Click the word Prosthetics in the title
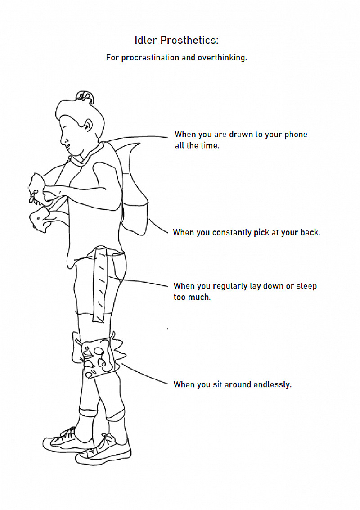pos(189,41)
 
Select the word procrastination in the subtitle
pos(150,58)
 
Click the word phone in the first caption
pos(296,135)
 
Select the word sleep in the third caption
pos(306,286)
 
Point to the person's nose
pos(63,140)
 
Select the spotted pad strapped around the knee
pos(98,356)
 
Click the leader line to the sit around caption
pos(145,374)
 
